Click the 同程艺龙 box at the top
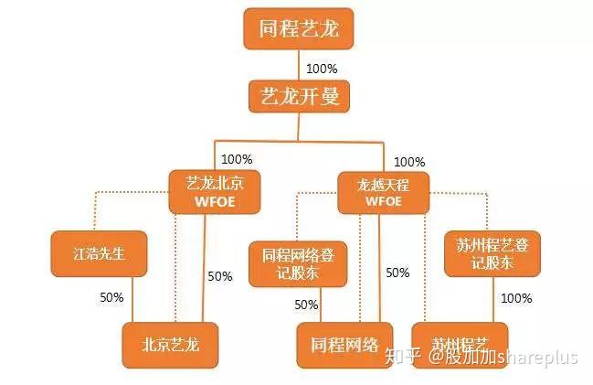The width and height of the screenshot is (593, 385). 298,30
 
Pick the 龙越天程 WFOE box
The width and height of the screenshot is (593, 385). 383,191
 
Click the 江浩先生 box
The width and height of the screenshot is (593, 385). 100,253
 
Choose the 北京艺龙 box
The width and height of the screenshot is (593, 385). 170,345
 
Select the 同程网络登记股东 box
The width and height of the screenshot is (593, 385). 298,263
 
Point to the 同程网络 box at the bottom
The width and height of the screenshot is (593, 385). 344,345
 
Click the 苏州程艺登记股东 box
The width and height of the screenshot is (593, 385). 492,252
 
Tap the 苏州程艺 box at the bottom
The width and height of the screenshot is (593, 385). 455,345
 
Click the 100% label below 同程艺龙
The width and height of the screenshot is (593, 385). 322,69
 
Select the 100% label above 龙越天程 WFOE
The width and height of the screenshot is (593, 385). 408,162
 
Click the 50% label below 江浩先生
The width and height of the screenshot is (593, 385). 111,298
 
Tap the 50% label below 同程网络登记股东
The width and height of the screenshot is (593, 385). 306,305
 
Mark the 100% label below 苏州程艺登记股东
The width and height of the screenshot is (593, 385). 517,298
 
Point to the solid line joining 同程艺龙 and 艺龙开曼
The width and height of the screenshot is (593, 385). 299,64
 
